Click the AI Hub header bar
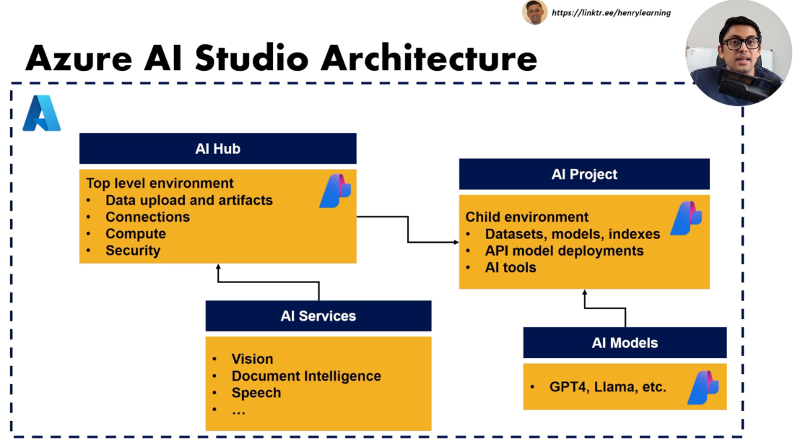pyautogui.click(x=217, y=149)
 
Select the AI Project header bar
pyautogui.click(x=584, y=174)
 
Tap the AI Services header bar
pyautogui.click(x=318, y=316)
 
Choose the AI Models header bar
pyautogui.click(x=625, y=342)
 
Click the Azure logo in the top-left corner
pyautogui.click(x=41, y=113)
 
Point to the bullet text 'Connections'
pyautogui.click(x=147, y=217)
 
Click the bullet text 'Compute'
pyautogui.click(x=136, y=234)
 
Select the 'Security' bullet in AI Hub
pyautogui.click(x=133, y=251)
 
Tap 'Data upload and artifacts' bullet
pyautogui.click(x=189, y=200)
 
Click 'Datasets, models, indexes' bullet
pyautogui.click(x=572, y=234)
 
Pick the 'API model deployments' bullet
pyautogui.click(x=564, y=251)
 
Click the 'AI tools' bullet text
pyautogui.click(x=511, y=267)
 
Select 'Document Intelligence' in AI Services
pyautogui.click(x=306, y=376)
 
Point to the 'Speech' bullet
pyautogui.click(x=256, y=393)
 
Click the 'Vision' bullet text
pyautogui.click(x=252, y=359)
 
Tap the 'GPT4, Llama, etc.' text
pyautogui.click(x=607, y=387)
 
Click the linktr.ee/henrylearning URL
pyautogui.click(x=611, y=12)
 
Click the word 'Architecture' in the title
pyautogui.click(x=429, y=58)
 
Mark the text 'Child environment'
pyautogui.click(x=526, y=217)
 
